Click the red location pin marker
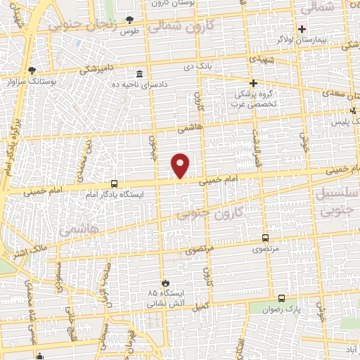181,165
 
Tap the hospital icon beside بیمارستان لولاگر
302,29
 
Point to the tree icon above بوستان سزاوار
32,70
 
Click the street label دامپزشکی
97,69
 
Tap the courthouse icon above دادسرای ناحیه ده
139,73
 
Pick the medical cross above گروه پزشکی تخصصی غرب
252,82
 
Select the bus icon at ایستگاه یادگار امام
114,183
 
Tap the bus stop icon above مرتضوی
265,238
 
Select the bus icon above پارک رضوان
281,297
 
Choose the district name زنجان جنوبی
80,25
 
